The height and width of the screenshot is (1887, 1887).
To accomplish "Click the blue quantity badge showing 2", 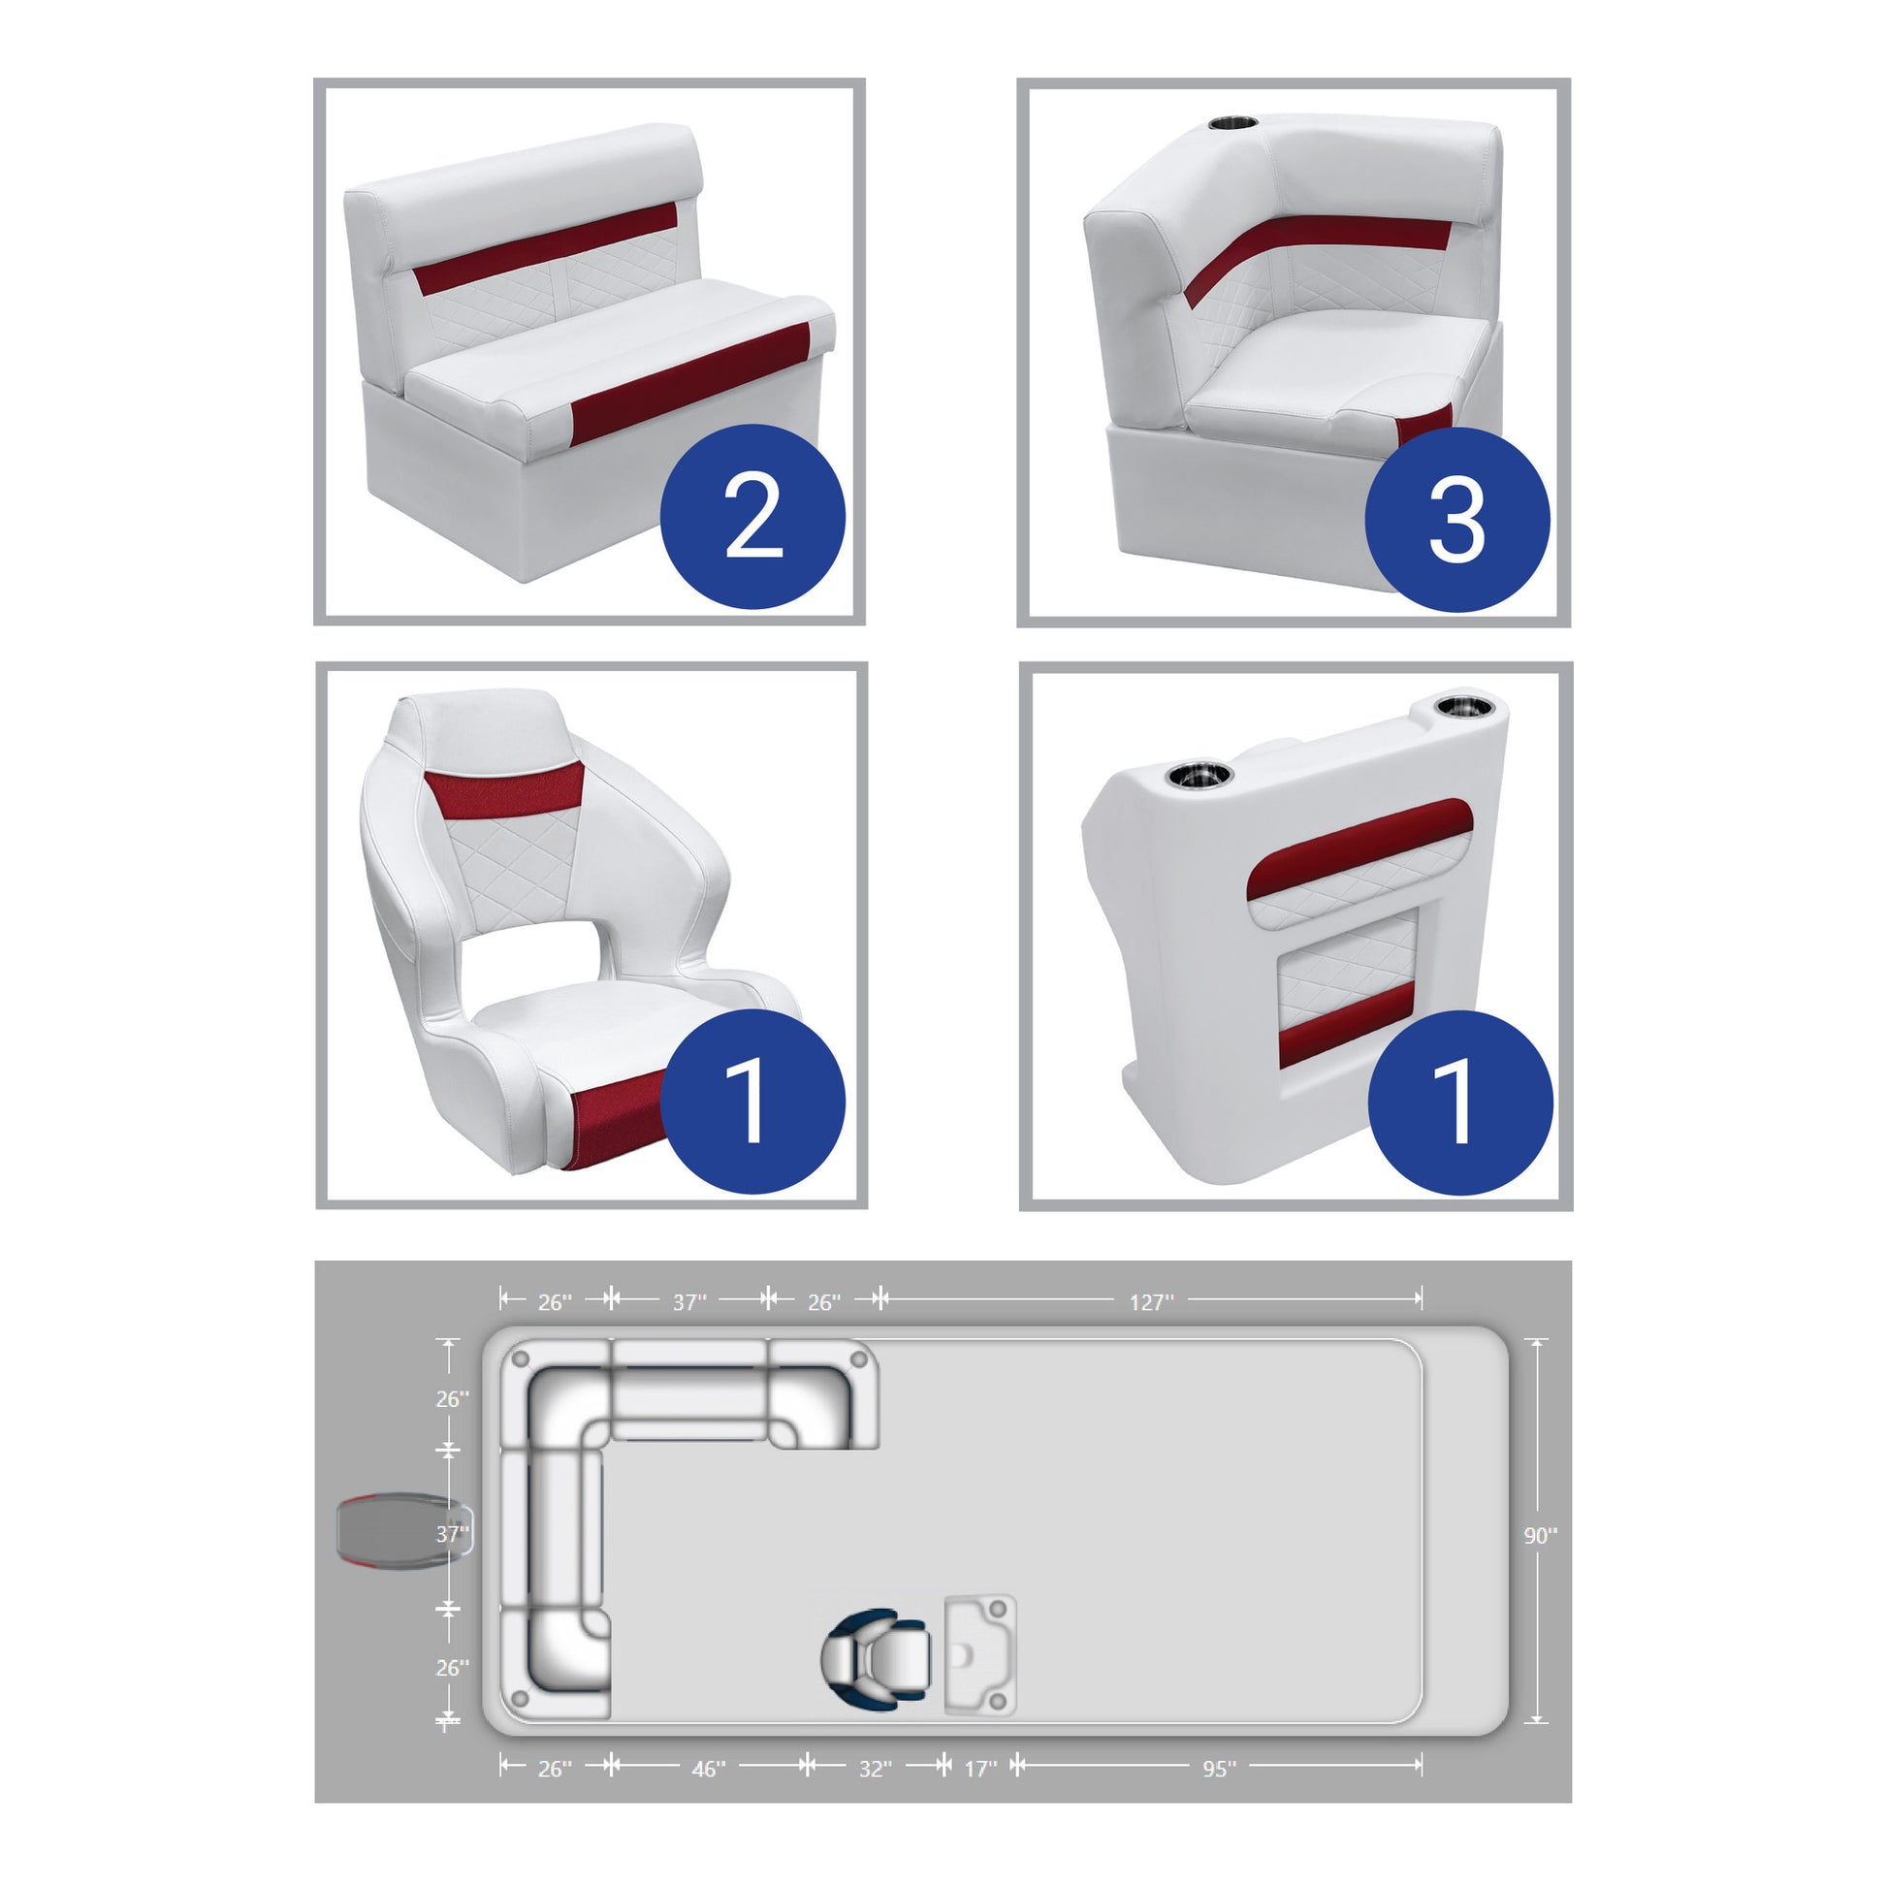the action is click(752, 516).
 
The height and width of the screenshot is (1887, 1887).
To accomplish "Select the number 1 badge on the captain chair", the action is click(752, 1102).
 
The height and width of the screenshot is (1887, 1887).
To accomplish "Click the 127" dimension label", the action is click(1151, 1302).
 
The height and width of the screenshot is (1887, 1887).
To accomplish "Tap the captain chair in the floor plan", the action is click(875, 1658).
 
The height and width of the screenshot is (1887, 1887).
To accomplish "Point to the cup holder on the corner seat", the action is click(1232, 124).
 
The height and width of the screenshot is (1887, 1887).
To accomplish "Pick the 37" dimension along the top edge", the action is click(688, 1302).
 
